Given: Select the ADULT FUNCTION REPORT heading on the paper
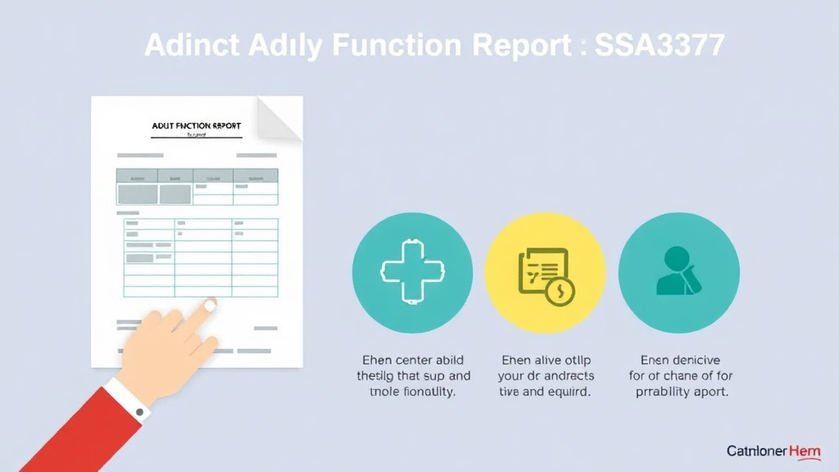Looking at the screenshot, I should (197, 126).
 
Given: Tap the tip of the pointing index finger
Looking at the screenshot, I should (210, 305).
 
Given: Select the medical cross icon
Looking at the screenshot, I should (412, 272).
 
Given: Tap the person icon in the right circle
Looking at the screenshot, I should (678, 272).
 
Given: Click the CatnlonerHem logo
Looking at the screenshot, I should (773, 452).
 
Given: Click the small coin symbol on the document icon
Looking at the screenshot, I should (561, 291).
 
